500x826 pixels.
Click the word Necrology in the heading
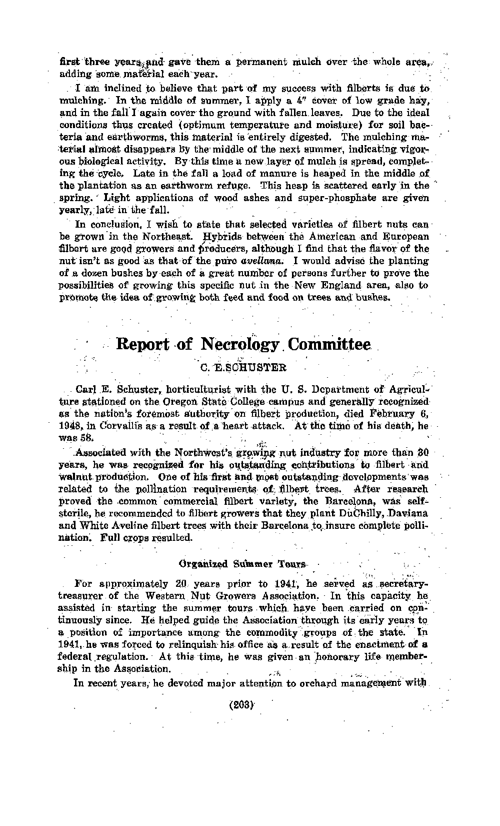pyautogui.click(x=240, y=345)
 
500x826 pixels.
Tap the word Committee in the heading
pyautogui.click(x=329, y=345)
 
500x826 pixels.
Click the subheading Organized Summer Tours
pyautogui.click(x=242, y=564)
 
